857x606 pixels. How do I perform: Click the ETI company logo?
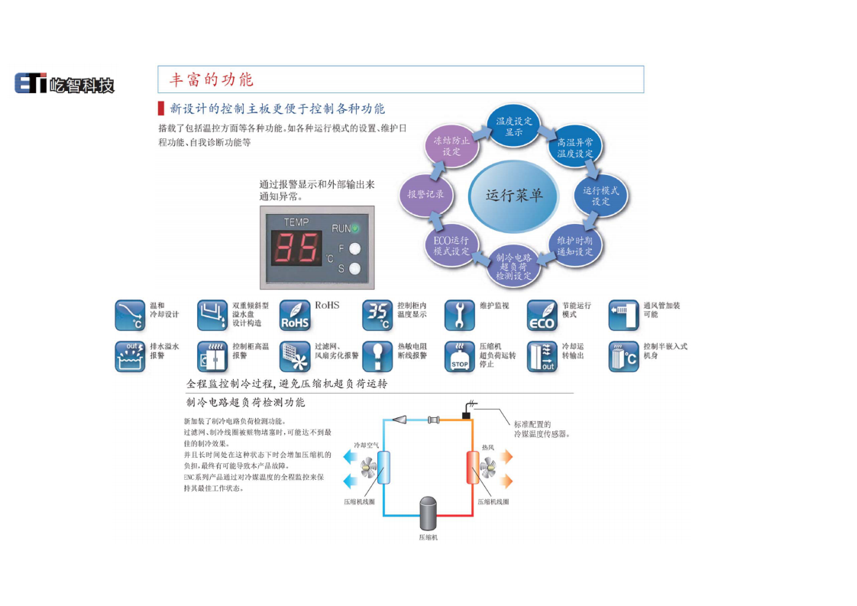[x=64, y=83]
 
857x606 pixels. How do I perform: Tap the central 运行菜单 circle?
[x=513, y=195]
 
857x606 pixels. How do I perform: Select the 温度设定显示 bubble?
[x=513, y=127]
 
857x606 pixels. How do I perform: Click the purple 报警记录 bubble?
[x=426, y=194]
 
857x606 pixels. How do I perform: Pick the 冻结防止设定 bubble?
[x=451, y=146]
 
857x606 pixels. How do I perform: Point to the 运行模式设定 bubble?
[x=600, y=196]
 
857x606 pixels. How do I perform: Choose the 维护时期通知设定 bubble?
[x=574, y=246]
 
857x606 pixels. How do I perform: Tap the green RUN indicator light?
[x=354, y=228]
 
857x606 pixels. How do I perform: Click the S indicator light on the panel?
[x=354, y=268]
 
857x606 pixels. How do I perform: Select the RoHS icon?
[x=295, y=316]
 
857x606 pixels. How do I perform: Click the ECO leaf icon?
[x=542, y=316]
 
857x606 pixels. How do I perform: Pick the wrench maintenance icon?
[x=460, y=315]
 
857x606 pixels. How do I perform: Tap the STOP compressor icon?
[x=460, y=357]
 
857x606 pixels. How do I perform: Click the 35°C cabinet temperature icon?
[x=377, y=315]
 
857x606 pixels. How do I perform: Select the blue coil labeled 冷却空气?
[x=383, y=466]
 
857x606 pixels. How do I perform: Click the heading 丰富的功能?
[x=211, y=79]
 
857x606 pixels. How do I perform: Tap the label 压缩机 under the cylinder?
[x=428, y=537]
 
